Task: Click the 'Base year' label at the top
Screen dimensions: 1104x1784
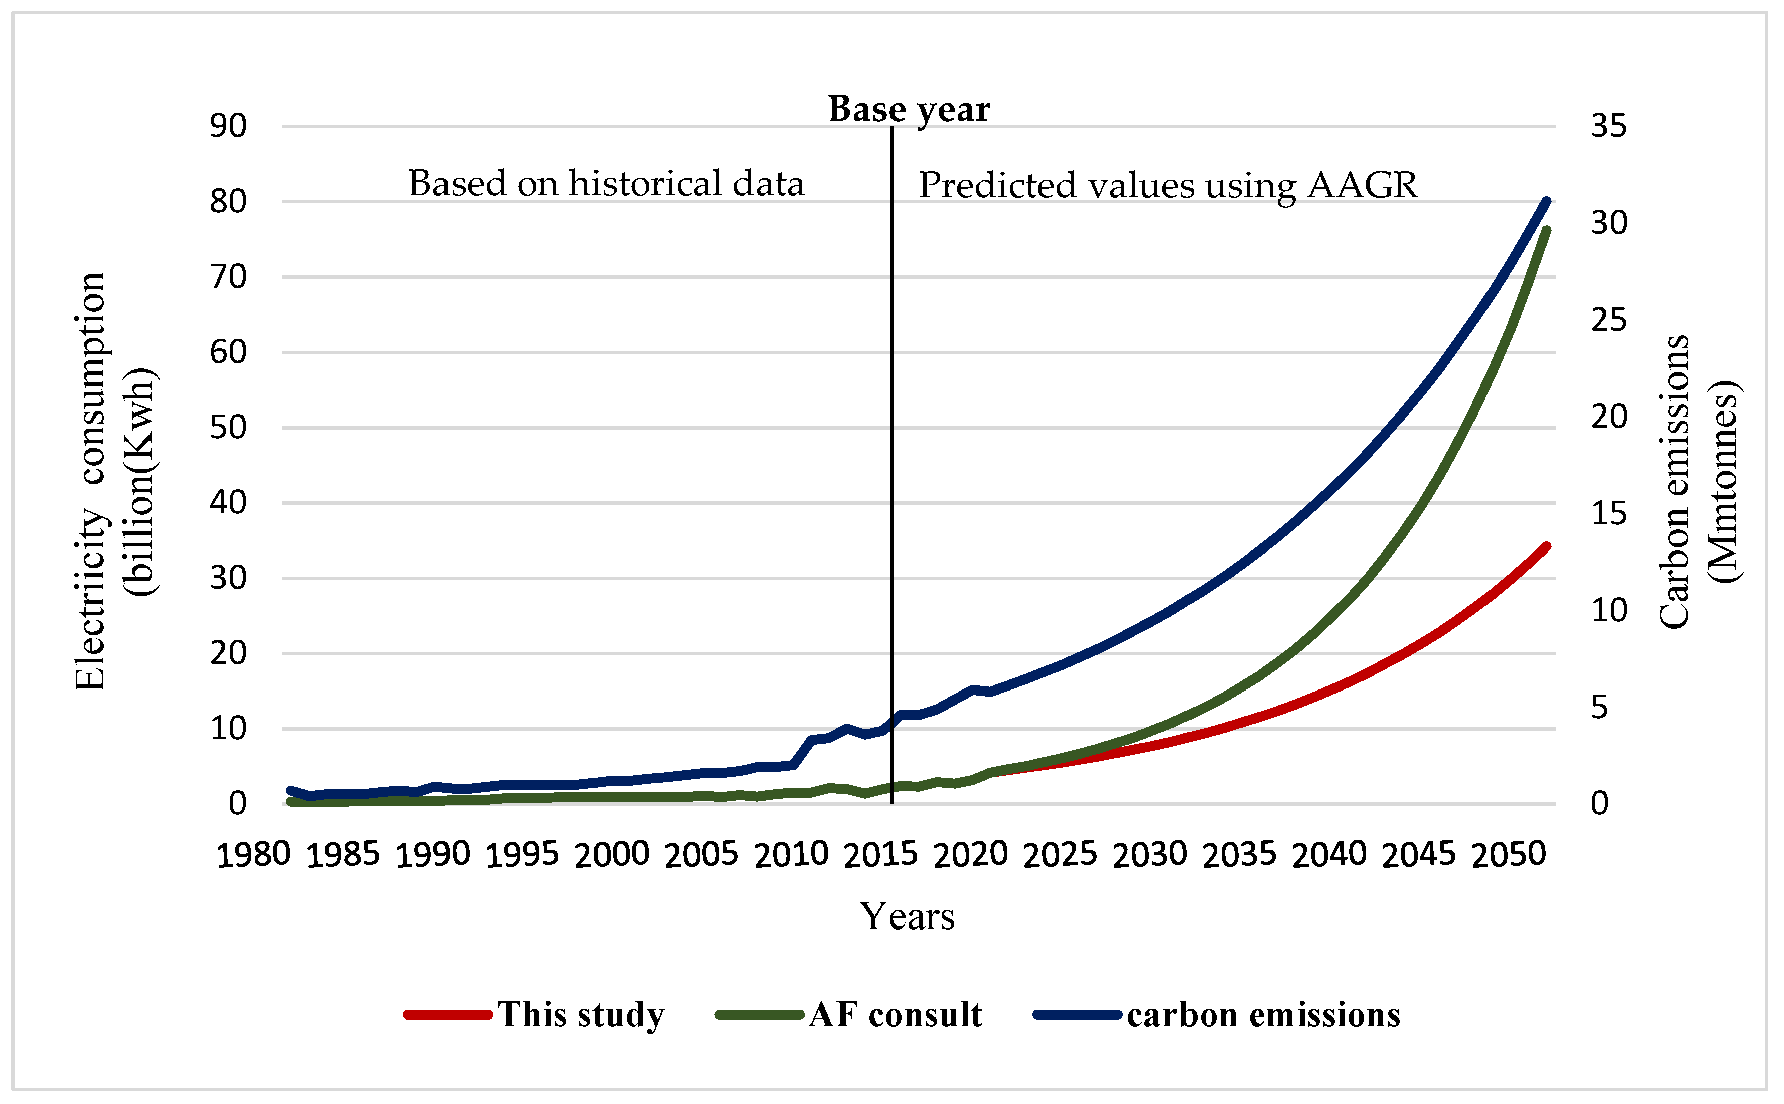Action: coord(908,109)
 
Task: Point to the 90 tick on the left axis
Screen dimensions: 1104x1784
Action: coord(228,126)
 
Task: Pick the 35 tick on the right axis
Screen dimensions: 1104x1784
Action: coord(1609,126)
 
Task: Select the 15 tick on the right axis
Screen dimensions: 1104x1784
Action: coord(1609,514)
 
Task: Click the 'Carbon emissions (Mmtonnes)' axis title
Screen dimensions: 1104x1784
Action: coord(1698,482)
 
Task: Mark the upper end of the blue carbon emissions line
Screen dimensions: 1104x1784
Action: coord(1545,202)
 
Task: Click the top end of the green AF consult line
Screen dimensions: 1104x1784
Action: coord(1545,231)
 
